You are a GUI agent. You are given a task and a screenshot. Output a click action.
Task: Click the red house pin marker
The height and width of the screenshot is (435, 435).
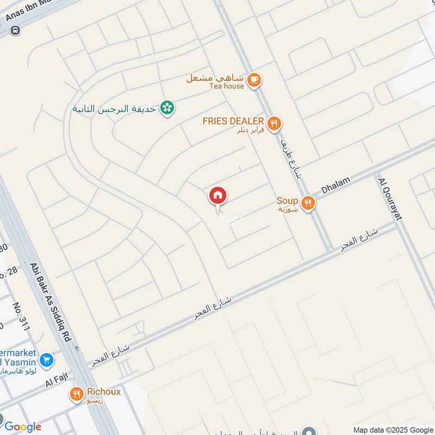(x=218, y=196)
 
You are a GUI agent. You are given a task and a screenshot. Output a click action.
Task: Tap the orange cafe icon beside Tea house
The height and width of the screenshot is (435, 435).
(x=253, y=80)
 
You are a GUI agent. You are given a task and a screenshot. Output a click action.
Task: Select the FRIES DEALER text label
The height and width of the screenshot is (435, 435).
(x=233, y=121)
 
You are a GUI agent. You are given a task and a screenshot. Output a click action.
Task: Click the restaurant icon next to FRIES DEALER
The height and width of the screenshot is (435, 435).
(x=275, y=124)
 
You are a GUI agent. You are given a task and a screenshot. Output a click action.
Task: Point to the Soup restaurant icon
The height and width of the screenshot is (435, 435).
(x=308, y=203)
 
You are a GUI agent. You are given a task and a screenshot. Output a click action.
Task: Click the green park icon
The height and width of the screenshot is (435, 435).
(x=167, y=108)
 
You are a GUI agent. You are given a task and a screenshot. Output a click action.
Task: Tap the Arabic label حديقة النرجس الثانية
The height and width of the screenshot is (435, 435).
(x=115, y=109)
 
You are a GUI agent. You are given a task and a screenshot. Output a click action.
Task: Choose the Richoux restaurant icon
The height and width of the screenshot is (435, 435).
(x=77, y=394)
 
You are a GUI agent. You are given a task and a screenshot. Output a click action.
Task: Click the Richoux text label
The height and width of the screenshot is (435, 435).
(x=103, y=391)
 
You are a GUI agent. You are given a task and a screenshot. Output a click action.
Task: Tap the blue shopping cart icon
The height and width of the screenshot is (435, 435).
(x=47, y=359)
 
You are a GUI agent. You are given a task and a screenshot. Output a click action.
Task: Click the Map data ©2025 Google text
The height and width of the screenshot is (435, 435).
(x=393, y=430)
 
